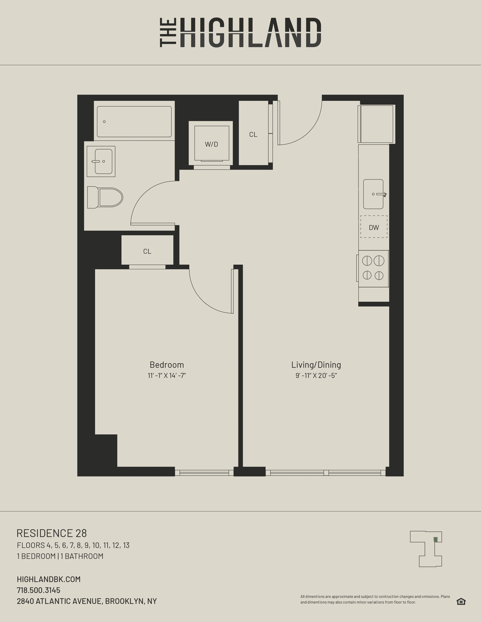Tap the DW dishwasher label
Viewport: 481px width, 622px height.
(374, 228)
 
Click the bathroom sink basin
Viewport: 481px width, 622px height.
(103, 161)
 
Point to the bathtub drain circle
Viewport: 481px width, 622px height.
(104, 122)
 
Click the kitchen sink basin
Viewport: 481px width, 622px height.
(373, 194)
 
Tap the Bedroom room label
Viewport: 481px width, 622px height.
(167, 365)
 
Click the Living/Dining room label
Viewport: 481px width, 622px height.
(316, 365)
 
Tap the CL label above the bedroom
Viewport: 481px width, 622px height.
(147, 251)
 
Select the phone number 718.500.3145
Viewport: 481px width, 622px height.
(38, 590)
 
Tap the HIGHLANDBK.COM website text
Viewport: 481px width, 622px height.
(49, 579)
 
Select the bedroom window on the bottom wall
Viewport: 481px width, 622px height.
(204, 473)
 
